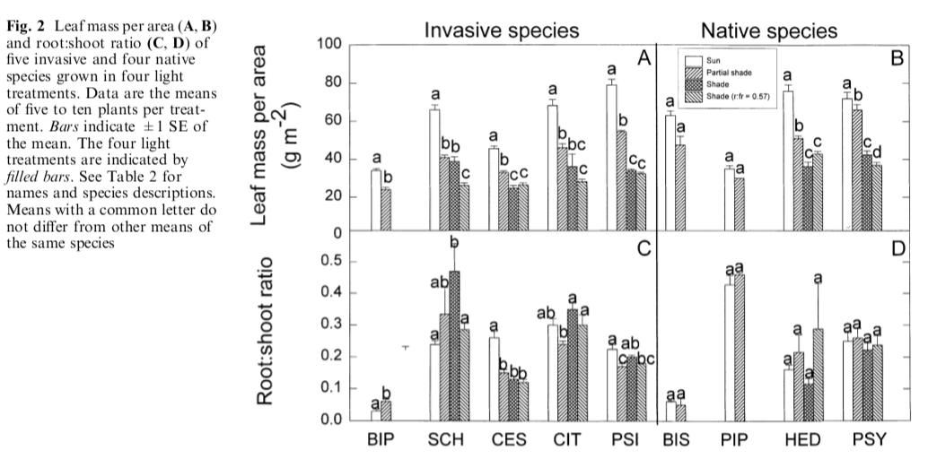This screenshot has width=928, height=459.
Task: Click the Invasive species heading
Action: point(502,30)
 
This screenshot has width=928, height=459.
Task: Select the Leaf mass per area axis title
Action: point(269,134)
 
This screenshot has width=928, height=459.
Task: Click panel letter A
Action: point(643,58)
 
